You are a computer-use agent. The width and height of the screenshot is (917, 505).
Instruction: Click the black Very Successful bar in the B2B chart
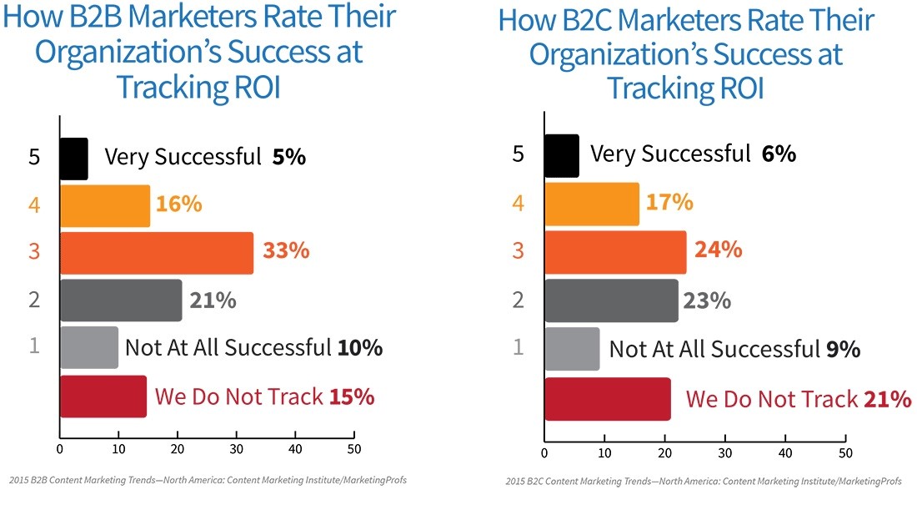click(73, 159)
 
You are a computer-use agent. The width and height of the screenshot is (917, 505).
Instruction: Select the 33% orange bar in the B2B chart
click(156, 253)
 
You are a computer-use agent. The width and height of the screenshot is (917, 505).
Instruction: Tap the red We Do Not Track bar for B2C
click(607, 399)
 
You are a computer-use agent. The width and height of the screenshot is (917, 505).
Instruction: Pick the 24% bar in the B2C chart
click(615, 253)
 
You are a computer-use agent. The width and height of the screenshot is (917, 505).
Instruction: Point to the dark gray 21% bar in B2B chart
click(121, 300)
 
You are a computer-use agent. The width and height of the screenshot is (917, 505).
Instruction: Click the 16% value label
click(179, 205)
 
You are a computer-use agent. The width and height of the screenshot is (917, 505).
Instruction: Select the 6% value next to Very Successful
click(779, 154)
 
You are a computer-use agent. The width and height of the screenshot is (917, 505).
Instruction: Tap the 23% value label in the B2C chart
click(707, 300)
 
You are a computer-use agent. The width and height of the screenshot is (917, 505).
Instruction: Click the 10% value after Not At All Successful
click(360, 348)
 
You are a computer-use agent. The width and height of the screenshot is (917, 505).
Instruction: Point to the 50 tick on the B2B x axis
click(354, 449)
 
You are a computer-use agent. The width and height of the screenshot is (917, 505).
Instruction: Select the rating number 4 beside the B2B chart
click(34, 205)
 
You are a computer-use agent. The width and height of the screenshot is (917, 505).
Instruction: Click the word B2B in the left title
click(103, 18)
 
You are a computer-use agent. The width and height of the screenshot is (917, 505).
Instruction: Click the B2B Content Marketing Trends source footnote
click(208, 480)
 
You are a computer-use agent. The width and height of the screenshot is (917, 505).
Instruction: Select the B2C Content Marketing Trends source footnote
click(704, 482)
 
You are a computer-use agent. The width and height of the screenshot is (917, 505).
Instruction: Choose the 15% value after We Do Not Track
click(352, 396)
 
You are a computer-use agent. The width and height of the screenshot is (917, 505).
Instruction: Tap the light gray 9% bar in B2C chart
click(572, 348)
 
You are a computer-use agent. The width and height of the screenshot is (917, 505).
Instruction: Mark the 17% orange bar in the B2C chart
click(592, 205)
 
